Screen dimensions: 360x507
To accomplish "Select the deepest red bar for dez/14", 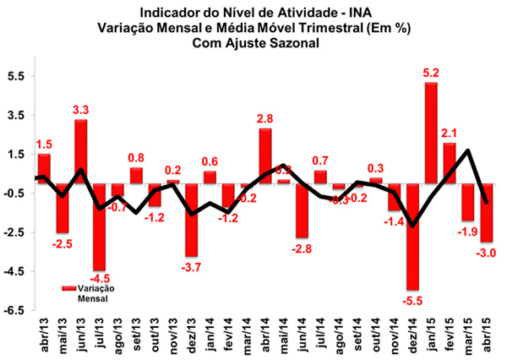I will tap(413, 237).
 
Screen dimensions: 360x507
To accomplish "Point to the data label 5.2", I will tap(432, 74).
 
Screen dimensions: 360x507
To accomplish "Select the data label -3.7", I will tap(191, 267).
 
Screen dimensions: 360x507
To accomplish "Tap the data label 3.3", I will tap(81, 110).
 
